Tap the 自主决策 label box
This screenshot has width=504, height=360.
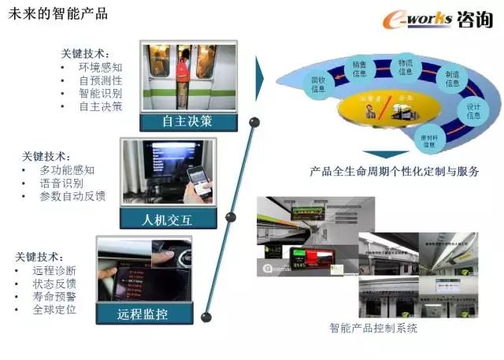(x=187, y=121)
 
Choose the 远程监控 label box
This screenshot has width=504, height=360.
(x=143, y=314)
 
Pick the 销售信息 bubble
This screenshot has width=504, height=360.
(x=360, y=69)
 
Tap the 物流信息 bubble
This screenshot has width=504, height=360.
(x=406, y=66)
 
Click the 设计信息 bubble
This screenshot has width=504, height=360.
(x=473, y=110)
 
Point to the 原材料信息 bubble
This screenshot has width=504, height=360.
(x=429, y=141)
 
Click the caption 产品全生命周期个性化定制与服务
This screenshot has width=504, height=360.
(x=395, y=170)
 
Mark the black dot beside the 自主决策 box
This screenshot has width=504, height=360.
(x=254, y=122)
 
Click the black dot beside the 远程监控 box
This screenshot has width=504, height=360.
(x=206, y=316)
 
